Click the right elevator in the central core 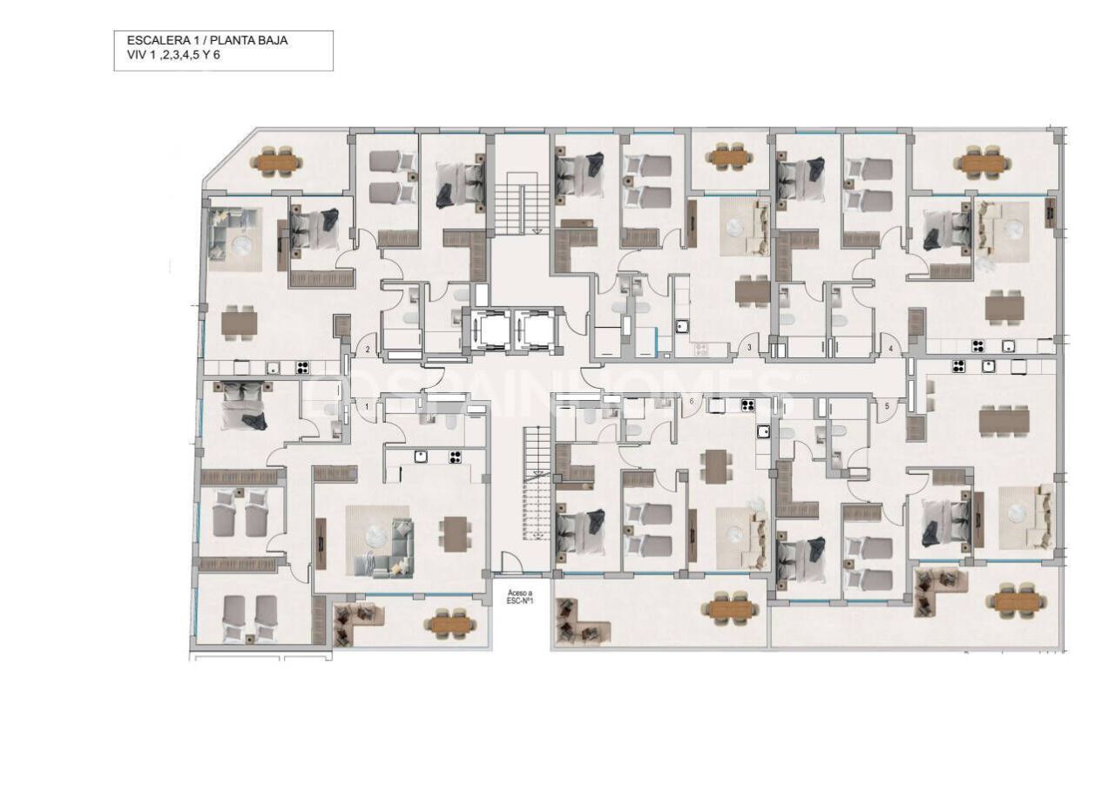[533, 330]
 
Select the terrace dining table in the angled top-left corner [275, 161]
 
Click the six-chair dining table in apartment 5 [1003, 421]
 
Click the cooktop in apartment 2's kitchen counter [302, 367]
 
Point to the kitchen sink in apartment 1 [420, 456]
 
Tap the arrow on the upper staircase [537, 230]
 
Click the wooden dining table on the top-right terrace [982, 162]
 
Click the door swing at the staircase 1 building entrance [514, 562]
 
